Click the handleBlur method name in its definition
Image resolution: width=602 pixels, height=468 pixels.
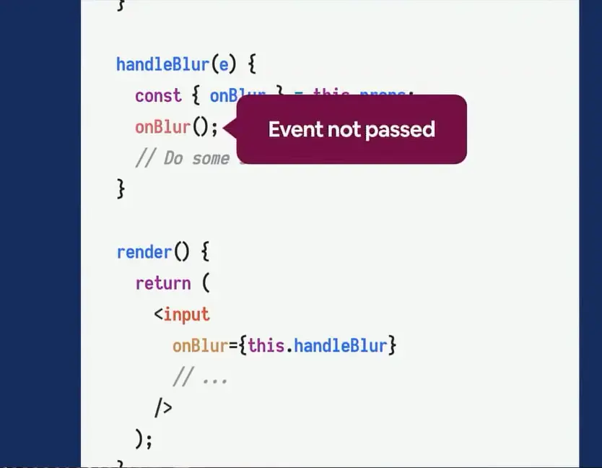pyautogui.click(x=162, y=64)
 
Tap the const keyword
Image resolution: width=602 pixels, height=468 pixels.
pyautogui.click(x=158, y=96)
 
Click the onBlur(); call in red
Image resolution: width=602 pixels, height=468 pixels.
pyautogui.click(x=176, y=127)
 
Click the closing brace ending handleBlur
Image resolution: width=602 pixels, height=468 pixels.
pyautogui.click(x=121, y=188)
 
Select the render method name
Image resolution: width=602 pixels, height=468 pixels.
pyautogui.click(x=144, y=252)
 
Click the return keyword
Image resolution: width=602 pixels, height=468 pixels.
pyautogui.click(x=163, y=283)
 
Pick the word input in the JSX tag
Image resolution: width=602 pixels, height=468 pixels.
pyautogui.click(x=186, y=314)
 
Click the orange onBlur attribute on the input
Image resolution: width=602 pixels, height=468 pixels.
pyautogui.click(x=200, y=345)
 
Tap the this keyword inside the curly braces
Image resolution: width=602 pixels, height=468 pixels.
pyautogui.click(x=266, y=345)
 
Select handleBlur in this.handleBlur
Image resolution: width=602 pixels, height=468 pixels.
pyautogui.click(x=340, y=345)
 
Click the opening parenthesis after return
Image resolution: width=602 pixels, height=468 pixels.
pyautogui.click(x=206, y=283)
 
